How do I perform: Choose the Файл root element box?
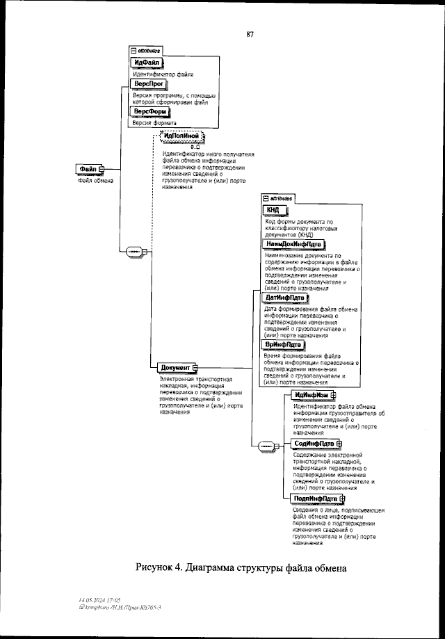[90, 169]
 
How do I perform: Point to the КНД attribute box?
[274, 211]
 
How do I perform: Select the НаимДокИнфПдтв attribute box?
[293, 244]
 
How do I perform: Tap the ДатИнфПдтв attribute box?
[286, 298]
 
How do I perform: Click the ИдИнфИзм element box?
[314, 395]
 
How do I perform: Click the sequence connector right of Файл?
[133, 250]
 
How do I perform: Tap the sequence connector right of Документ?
[267, 446]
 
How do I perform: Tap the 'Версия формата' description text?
[154, 123]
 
